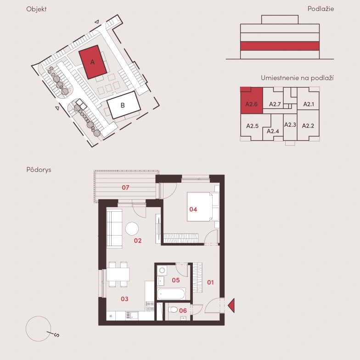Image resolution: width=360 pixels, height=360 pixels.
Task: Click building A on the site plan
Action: click(93, 62)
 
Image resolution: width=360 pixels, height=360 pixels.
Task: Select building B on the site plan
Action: click(124, 105)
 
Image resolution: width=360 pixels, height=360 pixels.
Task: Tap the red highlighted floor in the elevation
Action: click(280, 46)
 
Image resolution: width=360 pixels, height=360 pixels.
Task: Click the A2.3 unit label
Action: click(290, 125)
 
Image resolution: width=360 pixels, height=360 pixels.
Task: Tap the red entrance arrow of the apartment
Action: click(231, 305)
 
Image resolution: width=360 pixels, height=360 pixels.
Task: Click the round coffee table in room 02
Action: click(132, 229)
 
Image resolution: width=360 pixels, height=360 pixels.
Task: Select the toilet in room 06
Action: click(173, 309)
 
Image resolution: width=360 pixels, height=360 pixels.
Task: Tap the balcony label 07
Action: click(125, 187)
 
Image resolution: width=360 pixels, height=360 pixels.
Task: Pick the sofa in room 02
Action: click(114, 229)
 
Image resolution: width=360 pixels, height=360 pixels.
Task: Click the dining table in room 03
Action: click(118, 275)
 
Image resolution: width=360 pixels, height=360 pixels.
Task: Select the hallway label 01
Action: click(210, 282)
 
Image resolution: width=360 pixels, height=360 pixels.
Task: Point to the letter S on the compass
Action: click(56, 335)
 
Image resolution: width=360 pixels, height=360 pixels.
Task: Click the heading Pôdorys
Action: click(39, 170)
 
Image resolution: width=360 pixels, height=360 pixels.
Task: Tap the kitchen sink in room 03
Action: click(132, 315)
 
